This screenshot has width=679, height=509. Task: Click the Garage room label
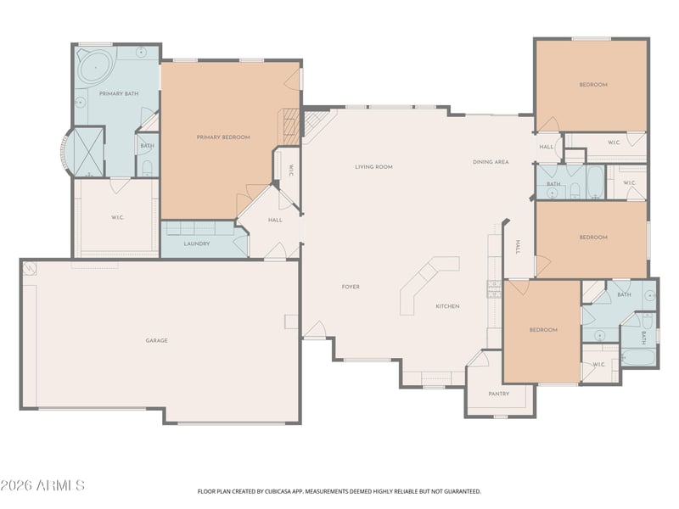(x=156, y=341)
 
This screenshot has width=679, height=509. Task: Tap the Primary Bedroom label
(x=223, y=137)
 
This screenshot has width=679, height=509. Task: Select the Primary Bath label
(x=119, y=93)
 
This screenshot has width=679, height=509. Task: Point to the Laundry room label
(x=197, y=243)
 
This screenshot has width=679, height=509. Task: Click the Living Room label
(x=373, y=166)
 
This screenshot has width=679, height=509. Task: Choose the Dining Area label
(x=491, y=162)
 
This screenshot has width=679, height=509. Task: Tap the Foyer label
(x=351, y=287)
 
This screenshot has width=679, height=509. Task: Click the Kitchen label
(x=447, y=306)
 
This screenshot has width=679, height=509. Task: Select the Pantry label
(x=498, y=394)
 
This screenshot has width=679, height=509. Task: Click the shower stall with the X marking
(x=89, y=152)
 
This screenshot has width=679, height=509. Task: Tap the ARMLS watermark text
(x=42, y=485)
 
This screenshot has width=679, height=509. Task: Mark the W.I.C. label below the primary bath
(x=117, y=217)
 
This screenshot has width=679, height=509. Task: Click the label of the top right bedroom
(x=593, y=84)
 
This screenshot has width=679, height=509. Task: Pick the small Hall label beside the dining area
(x=546, y=147)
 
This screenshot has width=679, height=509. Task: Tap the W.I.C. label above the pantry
(x=598, y=365)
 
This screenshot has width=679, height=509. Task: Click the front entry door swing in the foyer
(x=314, y=329)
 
